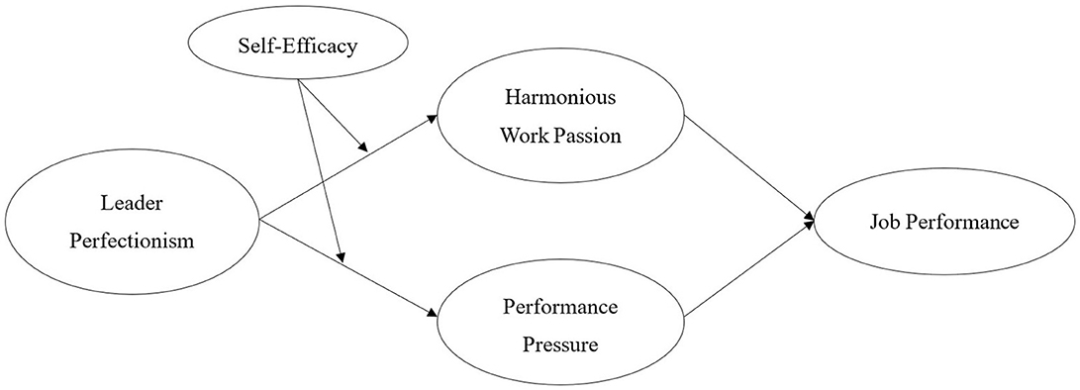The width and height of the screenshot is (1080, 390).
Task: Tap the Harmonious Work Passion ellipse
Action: click(559, 118)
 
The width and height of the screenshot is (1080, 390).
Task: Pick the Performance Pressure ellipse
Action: click(559, 325)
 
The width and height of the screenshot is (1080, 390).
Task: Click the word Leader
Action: click(131, 204)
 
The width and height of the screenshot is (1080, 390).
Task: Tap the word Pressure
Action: click(560, 344)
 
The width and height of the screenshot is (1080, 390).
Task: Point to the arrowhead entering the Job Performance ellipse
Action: click(810, 221)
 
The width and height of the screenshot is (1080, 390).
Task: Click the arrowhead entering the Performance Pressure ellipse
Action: click(432, 315)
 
